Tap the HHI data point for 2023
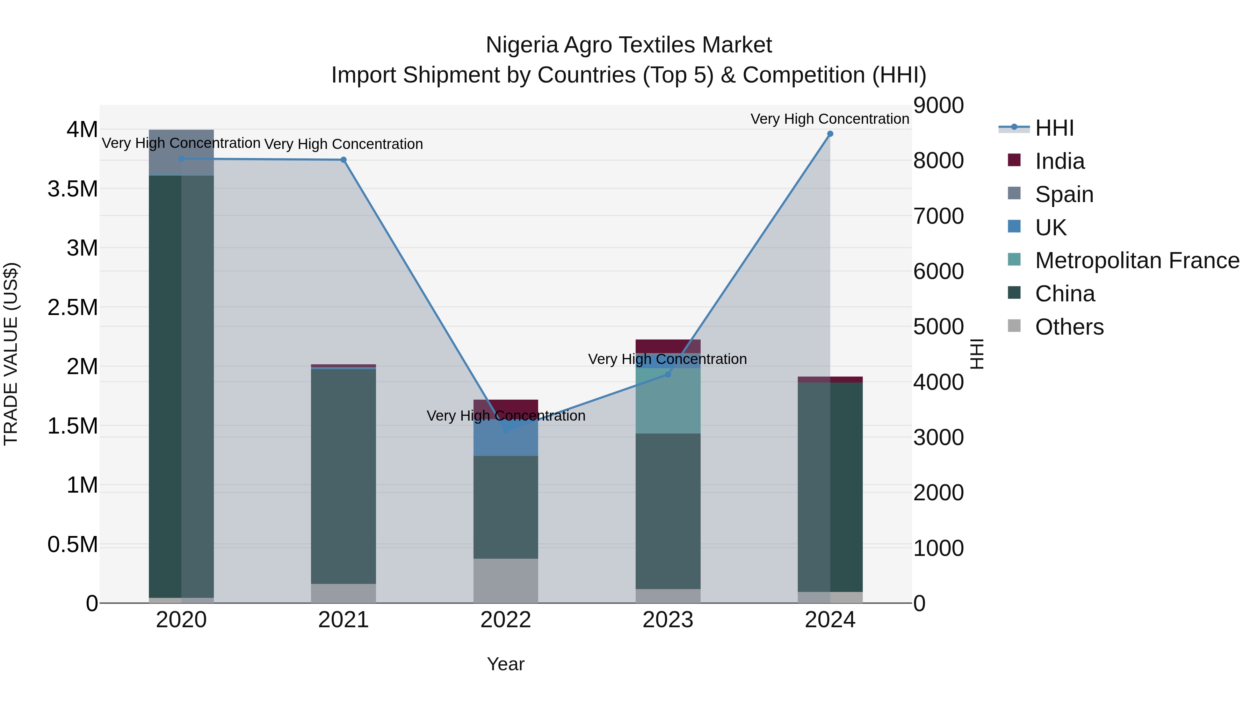tap(668, 374)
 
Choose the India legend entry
tap(1060, 161)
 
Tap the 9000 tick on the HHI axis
tap(938, 106)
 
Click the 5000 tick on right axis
tap(938, 327)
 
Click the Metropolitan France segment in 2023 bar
tap(668, 401)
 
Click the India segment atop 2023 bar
tap(668, 346)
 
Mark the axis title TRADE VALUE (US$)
tap(11, 354)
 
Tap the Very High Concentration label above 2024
tap(829, 119)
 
